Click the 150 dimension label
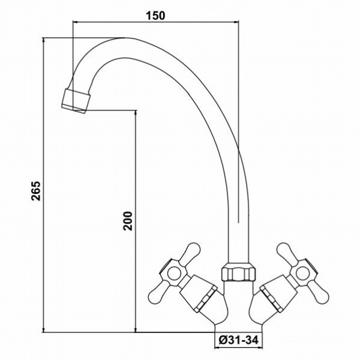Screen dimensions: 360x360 click(x=155, y=16)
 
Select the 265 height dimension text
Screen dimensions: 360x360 click(x=36, y=191)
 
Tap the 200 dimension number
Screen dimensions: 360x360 click(x=128, y=221)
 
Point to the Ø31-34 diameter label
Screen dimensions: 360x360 click(x=238, y=340)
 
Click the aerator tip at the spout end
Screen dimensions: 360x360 click(x=76, y=101)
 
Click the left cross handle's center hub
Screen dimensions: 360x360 click(x=174, y=273)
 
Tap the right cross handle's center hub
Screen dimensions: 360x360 click(x=302, y=273)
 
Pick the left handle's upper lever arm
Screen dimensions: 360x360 click(x=190, y=252)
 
